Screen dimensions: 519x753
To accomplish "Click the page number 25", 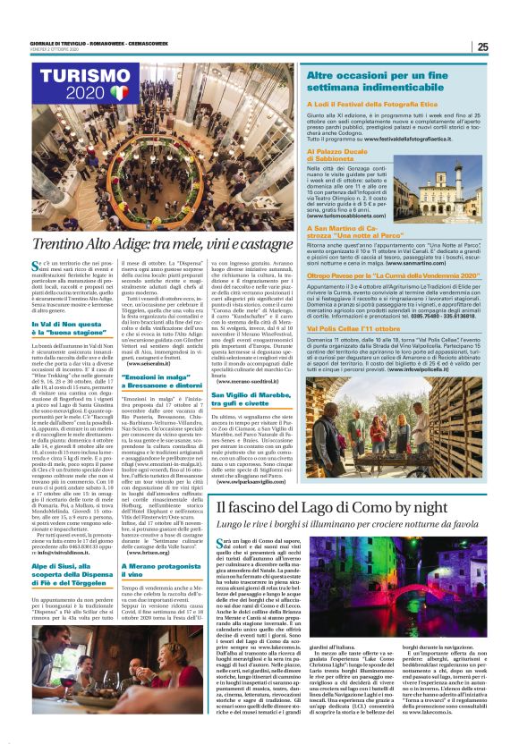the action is [x=482, y=47].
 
